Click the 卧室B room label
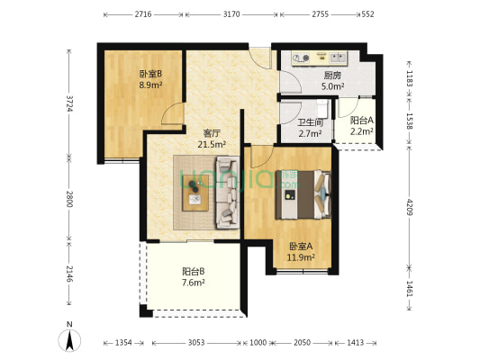pyautogui.click(x=149, y=75)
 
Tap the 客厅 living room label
pyautogui.click(x=211, y=131)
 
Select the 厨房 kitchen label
pyautogui.click(x=330, y=76)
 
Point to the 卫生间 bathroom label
pyautogui.click(x=311, y=124)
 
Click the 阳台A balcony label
pyautogui.click(x=361, y=120)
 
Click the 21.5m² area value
pyautogui.click(x=213, y=143)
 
